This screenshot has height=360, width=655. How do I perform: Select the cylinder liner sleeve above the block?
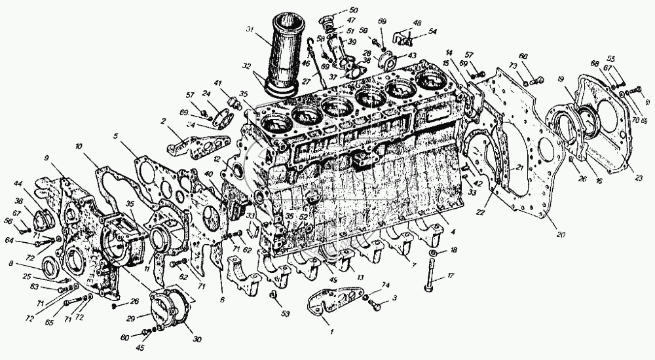click(x=283, y=55)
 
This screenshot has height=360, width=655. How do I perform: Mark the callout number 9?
click(x=47, y=158)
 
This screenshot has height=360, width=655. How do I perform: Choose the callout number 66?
click(x=523, y=56)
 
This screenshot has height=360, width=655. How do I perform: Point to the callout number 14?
click(x=449, y=52)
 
